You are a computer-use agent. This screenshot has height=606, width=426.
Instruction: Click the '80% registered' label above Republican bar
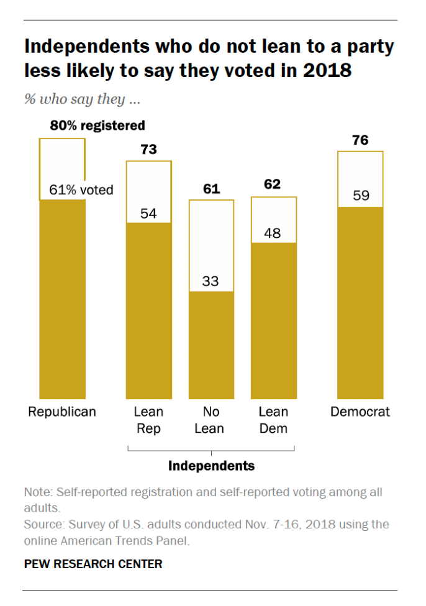coord(97,125)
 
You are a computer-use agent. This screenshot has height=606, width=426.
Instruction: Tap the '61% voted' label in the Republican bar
coord(81,190)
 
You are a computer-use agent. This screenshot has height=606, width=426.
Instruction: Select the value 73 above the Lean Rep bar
coord(148,149)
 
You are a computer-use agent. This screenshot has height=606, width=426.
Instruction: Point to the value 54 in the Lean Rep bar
coord(148,214)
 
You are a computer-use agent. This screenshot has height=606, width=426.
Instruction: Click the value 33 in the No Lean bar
coord(211,281)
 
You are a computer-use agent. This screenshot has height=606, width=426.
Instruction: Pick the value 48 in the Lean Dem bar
coord(273,233)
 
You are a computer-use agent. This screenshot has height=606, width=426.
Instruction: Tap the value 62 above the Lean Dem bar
coord(273,184)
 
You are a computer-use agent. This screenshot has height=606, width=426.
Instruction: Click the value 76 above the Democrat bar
coord(360,140)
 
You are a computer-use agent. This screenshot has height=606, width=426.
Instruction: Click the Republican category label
coord(62,412)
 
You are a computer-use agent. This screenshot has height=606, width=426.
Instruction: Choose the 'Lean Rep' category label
coord(148,420)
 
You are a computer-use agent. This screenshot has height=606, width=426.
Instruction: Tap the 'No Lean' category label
coord(211,420)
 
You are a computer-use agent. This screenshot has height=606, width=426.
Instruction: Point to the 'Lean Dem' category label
coord(273,420)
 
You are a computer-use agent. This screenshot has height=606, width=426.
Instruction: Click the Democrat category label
coord(360,412)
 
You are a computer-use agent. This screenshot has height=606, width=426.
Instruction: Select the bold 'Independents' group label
coord(211,466)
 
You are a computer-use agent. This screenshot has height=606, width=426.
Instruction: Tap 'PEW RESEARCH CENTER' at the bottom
coord(93,564)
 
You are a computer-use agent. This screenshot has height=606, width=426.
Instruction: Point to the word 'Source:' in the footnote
coord(42,525)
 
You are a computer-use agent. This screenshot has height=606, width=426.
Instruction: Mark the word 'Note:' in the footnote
coord(38,492)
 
